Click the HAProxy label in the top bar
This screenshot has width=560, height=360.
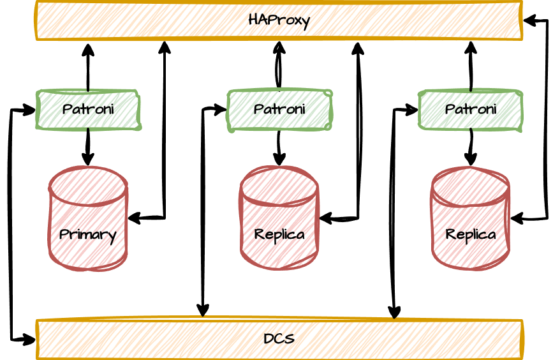279,20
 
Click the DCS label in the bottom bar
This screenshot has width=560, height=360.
279,338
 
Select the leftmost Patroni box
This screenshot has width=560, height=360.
88,110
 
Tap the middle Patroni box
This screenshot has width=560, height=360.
279,110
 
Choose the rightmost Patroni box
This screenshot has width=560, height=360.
471,110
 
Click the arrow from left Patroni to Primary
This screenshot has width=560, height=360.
88,147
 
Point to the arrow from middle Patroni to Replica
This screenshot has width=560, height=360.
279,147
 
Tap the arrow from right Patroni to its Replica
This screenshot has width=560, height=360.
471,147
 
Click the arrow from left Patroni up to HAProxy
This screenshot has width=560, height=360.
88,67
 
